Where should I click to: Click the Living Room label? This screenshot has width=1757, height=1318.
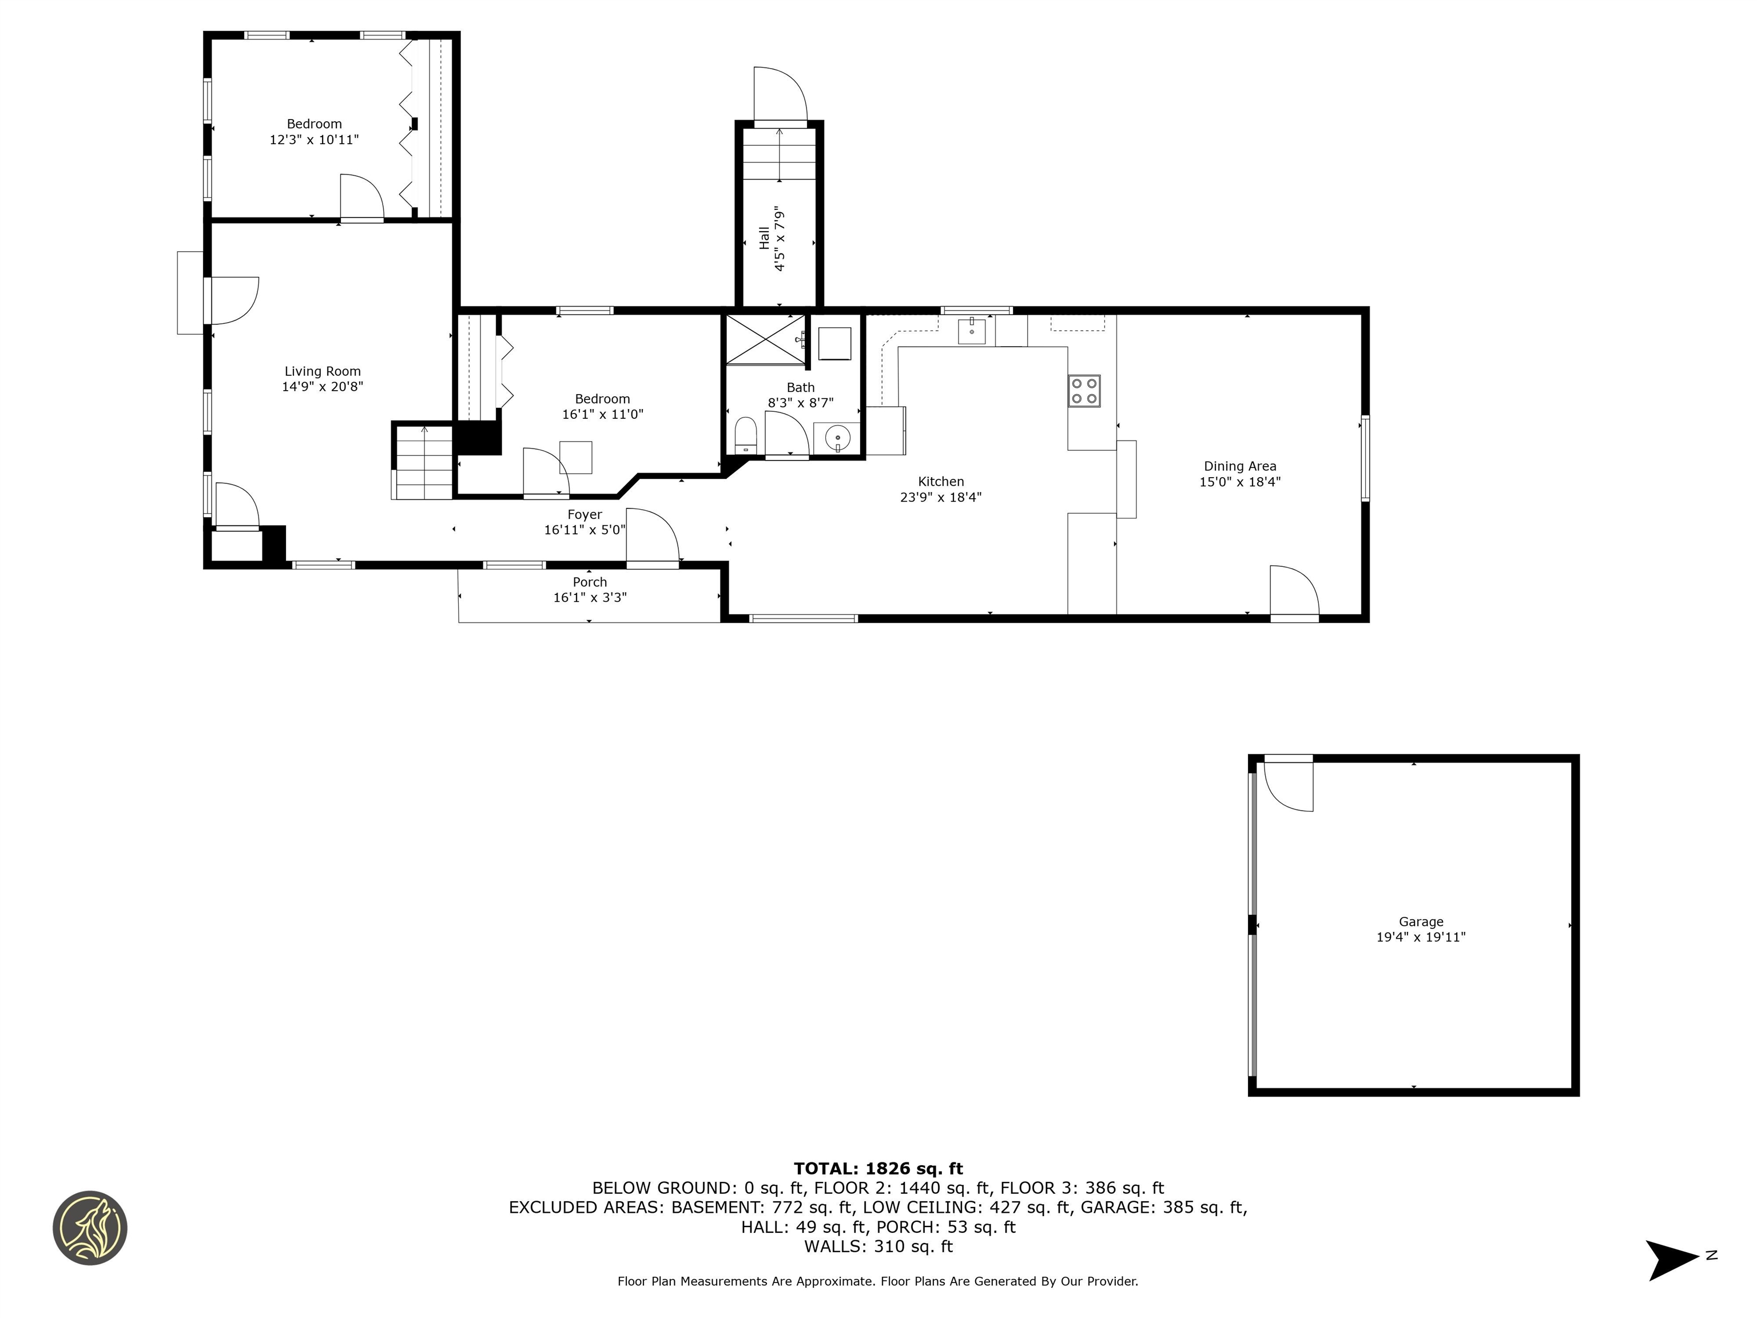[323, 371]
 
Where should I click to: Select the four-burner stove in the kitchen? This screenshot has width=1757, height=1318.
[1083, 391]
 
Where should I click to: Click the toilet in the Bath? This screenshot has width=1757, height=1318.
[745, 435]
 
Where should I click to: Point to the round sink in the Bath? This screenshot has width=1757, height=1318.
[837, 438]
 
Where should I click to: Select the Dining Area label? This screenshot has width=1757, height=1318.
[1239, 466]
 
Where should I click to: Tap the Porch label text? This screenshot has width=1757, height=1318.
[589, 582]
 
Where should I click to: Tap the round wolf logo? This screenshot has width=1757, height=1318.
[90, 1228]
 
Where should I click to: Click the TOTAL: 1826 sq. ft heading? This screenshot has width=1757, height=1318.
[878, 1169]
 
